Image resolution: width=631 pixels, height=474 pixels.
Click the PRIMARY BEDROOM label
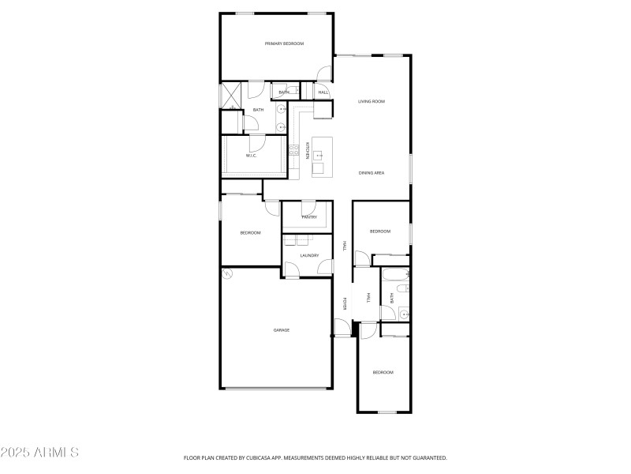(x=284, y=44)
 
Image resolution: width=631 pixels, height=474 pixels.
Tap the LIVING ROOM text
(x=371, y=101)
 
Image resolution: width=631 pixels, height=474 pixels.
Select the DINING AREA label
(x=371, y=173)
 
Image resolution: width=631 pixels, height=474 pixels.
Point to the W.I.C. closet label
(x=251, y=156)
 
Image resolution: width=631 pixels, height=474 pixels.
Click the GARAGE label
(x=281, y=330)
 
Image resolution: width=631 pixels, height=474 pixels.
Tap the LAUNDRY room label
(x=309, y=255)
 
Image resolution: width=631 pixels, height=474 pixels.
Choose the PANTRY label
(x=308, y=216)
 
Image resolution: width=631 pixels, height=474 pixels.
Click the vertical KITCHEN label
(x=307, y=150)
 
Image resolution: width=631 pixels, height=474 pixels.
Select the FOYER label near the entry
(x=345, y=303)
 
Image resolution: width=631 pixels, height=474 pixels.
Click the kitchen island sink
(x=320, y=156)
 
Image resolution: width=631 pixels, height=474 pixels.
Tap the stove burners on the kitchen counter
(x=293, y=149)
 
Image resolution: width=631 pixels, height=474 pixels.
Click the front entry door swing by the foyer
(x=341, y=327)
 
